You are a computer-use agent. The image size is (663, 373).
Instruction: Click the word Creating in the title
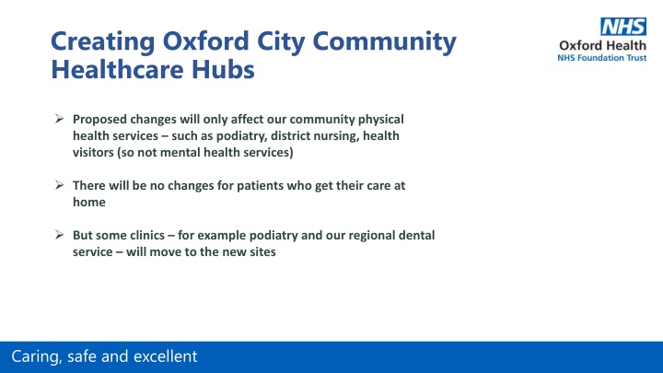click(x=103, y=42)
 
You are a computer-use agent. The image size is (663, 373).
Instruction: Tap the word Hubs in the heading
click(x=223, y=69)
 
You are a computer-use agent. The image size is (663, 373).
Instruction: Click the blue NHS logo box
click(x=623, y=27)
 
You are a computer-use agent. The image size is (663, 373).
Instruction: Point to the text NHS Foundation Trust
click(x=601, y=57)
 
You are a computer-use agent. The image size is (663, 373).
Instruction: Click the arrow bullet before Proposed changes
click(x=59, y=119)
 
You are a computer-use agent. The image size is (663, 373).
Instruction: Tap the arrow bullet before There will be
click(x=59, y=185)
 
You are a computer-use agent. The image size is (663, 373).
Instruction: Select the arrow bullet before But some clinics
click(x=59, y=234)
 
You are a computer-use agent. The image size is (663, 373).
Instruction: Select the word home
click(x=89, y=202)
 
